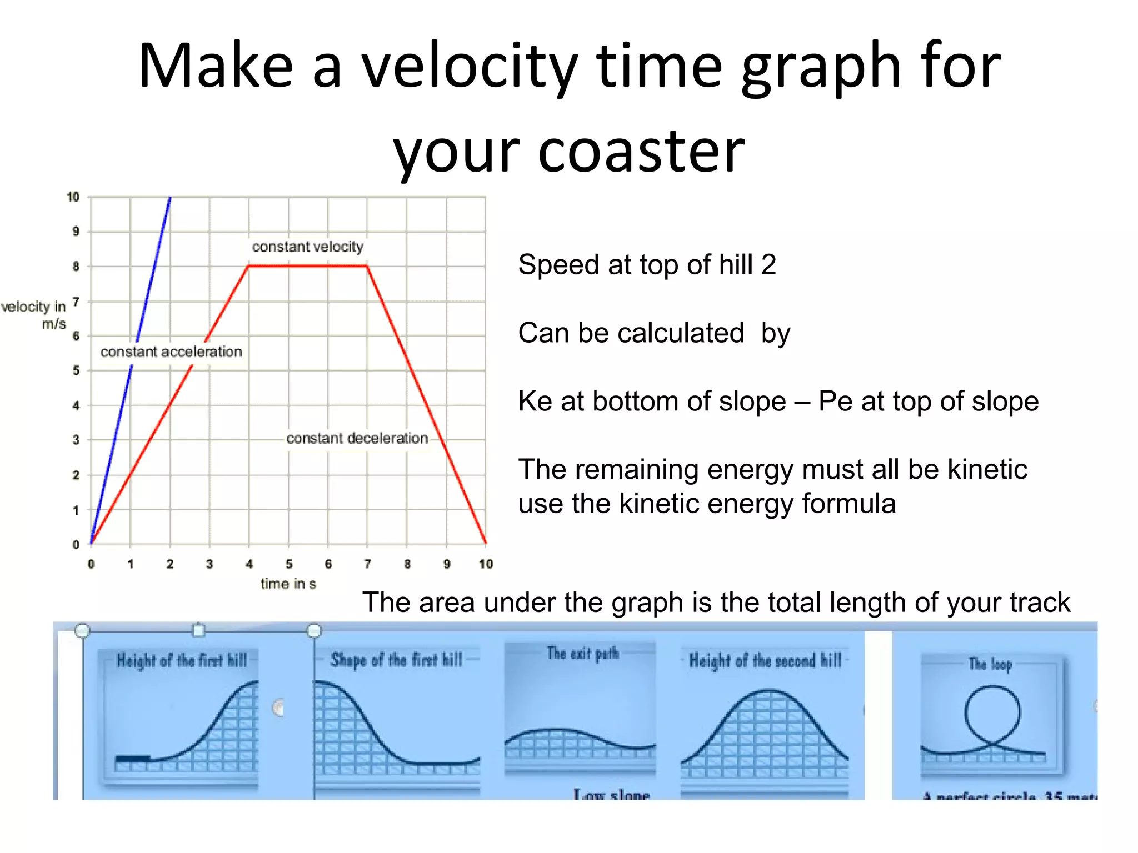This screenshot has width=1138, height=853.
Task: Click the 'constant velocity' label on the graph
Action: [307, 247]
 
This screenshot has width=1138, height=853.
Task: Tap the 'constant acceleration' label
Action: [171, 352]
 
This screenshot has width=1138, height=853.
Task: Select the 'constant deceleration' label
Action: [357, 438]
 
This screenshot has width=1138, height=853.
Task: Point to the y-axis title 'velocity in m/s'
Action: [34, 314]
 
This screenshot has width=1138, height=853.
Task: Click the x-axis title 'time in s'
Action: [288, 584]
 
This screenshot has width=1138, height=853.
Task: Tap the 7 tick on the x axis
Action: [367, 564]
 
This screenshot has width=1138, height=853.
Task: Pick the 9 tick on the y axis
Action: [76, 232]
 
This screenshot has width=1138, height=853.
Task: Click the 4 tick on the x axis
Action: [249, 564]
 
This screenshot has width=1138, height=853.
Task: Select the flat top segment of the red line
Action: [307, 266]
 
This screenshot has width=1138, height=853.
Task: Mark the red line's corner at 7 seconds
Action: [367, 267]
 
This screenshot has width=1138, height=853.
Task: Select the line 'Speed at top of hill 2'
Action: [647, 264]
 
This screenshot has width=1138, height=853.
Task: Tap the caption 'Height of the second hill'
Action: [765, 660]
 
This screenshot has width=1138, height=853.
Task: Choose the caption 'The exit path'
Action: [582, 653]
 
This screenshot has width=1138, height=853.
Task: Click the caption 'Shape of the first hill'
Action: [396, 660]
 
